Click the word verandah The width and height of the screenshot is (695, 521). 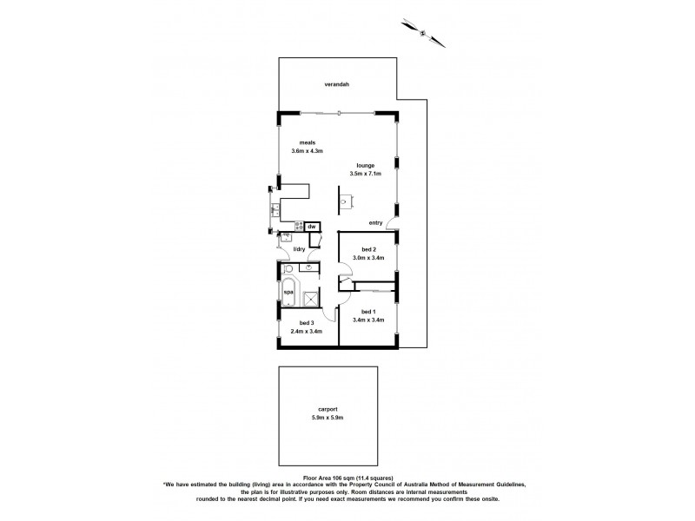(337, 84)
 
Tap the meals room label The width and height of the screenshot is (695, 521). (307, 142)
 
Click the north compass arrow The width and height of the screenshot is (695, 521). (422, 33)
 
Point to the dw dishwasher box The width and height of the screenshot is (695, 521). (312, 227)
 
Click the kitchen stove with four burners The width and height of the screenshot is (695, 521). (298, 227)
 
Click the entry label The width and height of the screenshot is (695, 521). (375, 223)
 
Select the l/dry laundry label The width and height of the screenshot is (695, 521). (300, 250)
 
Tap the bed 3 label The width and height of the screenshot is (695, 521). (307, 323)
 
